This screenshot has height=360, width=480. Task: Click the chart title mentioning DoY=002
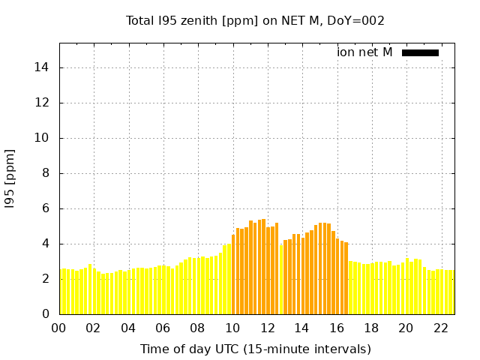tap(255, 20)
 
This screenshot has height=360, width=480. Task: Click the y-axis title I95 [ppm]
tap(10, 178)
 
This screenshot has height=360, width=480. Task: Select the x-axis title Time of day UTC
tap(255, 349)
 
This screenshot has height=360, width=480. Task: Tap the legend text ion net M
tap(364, 52)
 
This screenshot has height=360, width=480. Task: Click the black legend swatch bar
tap(420, 52)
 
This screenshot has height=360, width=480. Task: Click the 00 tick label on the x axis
tap(59, 328)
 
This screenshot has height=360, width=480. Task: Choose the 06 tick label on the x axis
tap(163, 328)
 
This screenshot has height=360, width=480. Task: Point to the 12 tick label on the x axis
tap(268, 328)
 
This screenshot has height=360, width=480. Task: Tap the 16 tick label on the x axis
tap(337, 328)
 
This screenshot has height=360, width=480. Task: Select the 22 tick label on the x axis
tap(441, 328)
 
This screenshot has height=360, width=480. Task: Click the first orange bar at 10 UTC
tap(233, 274)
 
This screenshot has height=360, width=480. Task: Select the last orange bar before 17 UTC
tap(346, 278)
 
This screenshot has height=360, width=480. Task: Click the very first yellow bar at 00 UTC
tap(62, 292)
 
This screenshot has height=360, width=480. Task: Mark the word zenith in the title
tap(196, 20)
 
